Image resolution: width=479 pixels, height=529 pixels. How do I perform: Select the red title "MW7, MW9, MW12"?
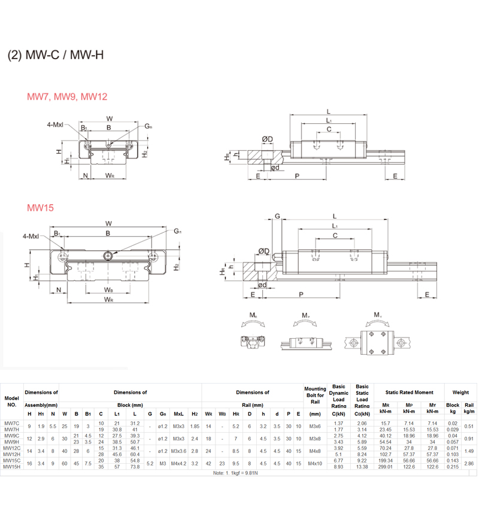67,96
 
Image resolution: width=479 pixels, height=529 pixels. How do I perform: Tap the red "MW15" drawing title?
41,208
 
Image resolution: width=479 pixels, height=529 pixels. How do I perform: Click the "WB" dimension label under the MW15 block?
108,290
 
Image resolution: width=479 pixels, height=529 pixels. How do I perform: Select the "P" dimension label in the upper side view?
298,176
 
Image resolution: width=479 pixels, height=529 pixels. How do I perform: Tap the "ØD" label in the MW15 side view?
263,251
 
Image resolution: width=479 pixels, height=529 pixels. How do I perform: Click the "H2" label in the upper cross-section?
145,153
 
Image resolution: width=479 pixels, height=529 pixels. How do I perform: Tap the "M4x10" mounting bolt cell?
315,463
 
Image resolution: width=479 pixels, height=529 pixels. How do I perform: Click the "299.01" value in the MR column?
386,466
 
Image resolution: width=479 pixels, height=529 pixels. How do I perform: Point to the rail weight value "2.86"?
469,463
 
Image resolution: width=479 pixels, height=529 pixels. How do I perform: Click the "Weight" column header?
460,393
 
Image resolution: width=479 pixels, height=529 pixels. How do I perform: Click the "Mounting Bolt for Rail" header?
315,395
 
